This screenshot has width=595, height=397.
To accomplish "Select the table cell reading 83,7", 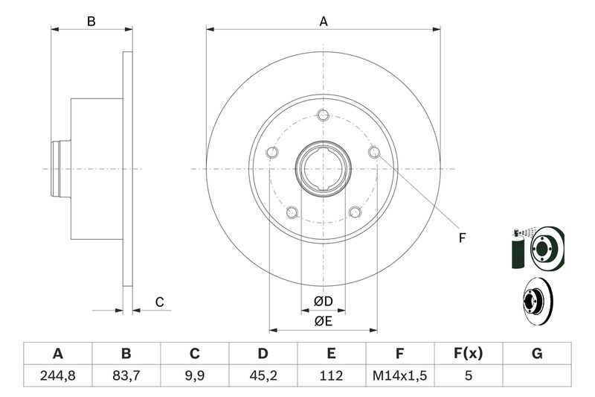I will click(126, 375).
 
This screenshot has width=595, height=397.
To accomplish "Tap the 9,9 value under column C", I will click(195, 375).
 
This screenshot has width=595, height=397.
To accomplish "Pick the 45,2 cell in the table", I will click(263, 375).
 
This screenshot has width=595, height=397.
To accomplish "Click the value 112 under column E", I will click(332, 375).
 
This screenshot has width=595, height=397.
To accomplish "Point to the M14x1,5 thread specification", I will click(400, 375).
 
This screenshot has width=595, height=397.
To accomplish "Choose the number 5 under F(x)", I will click(469, 375).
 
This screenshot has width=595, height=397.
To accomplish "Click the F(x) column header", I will click(469, 353).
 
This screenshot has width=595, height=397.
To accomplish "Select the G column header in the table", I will click(537, 353).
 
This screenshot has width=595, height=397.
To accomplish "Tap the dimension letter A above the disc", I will click(324, 22).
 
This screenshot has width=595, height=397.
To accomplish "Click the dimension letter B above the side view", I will click(91, 22).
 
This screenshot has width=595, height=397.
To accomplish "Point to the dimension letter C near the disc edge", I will click(159, 302).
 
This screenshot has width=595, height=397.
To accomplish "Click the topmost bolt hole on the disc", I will click(323, 115).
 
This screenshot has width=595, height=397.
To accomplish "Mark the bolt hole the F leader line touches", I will click(374, 153).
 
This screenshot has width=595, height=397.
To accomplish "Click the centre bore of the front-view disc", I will click(323, 169).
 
